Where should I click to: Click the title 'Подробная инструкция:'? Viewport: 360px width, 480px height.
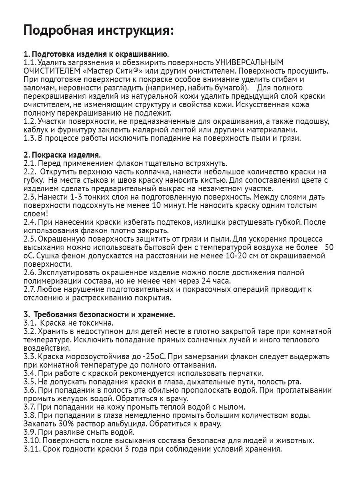pos(99,31)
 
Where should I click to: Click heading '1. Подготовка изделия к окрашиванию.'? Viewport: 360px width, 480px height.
pos(96,54)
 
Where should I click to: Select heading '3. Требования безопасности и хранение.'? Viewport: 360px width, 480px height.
pos(99,314)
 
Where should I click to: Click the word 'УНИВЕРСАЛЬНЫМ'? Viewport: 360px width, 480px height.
pos(250,62)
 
